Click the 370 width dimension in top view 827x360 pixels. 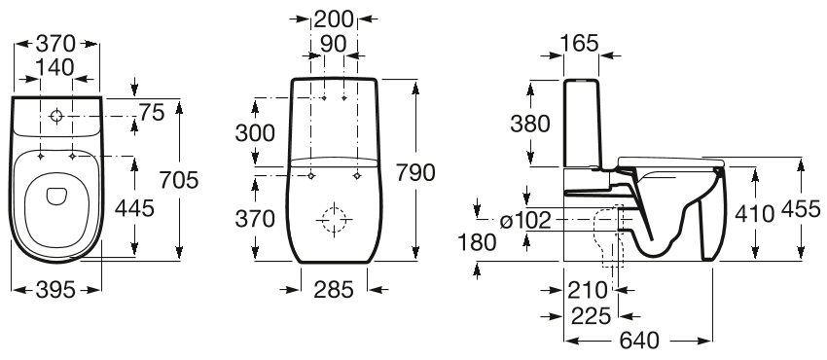56,44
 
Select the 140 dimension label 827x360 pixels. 56,66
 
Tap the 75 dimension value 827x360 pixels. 151,114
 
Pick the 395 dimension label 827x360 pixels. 56,289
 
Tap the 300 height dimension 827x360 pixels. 254,133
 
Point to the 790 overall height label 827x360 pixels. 415,171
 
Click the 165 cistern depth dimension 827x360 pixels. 581,44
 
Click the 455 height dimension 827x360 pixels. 800,210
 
